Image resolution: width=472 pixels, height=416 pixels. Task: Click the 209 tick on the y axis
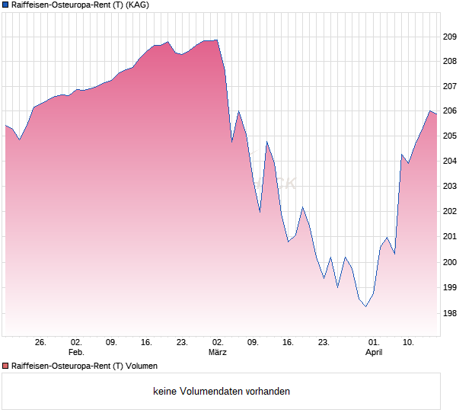[x=450, y=37]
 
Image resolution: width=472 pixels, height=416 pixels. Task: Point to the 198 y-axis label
[x=450, y=313]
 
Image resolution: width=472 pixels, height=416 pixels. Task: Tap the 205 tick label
[x=450, y=136]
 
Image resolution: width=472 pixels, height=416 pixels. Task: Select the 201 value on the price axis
[x=450, y=237]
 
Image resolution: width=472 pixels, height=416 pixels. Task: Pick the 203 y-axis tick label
[x=450, y=187]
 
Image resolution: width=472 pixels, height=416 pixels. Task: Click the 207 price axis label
[x=450, y=86]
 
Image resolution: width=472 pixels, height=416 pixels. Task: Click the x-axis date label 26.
[x=40, y=343]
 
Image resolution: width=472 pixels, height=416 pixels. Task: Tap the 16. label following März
[x=288, y=343]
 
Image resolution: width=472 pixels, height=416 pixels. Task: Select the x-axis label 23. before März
[x=182, y=343]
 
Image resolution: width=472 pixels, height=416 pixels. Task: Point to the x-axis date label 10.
[x=409, y=343]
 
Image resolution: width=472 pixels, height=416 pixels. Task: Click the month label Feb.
[x=75, y=353]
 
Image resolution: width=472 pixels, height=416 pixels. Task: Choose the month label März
[x=218, y=353]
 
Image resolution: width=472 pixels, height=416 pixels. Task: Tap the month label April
[x=374, y=353]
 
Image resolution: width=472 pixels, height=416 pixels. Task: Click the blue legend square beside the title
[x=5, y=5]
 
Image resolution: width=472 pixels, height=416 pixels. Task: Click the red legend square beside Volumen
[x=5, y=366]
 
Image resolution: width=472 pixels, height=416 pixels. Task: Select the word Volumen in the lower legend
[x=142, y=366]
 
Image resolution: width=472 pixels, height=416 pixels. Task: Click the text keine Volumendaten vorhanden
[x=222, y=392]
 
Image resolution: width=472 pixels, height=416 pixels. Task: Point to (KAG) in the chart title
[x=137, y=5]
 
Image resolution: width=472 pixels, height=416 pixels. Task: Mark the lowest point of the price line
[x=366, y=306]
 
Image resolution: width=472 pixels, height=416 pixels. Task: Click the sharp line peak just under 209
[x=217, y=40]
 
